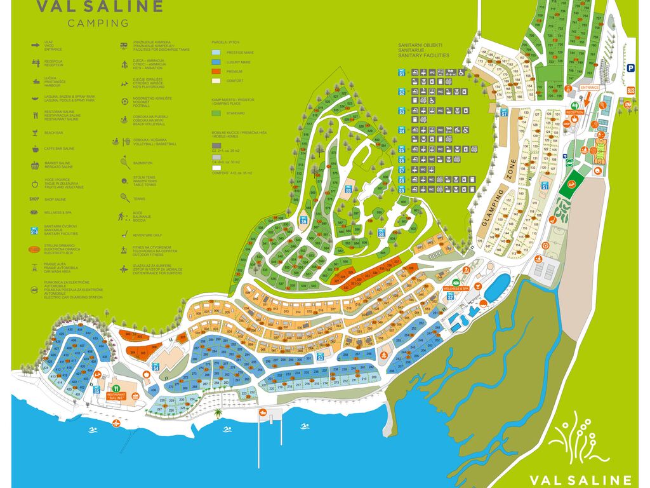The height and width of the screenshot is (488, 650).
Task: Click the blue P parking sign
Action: point(631,69)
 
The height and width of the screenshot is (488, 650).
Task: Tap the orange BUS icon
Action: point(631,90)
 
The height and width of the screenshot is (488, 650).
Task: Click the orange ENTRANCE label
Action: point(590,87)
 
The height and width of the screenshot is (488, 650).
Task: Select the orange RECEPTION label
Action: point(575,112)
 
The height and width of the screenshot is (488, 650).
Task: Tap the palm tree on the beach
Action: point(218,413)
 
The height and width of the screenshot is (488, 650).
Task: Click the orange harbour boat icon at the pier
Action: point(262,412)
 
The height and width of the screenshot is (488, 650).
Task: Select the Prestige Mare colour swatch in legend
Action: point(216,53)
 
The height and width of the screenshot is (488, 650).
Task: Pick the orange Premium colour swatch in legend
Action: point(216,72)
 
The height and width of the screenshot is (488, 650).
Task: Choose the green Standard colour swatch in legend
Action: point(216,113)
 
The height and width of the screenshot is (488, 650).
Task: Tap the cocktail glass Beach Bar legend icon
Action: point(35,133)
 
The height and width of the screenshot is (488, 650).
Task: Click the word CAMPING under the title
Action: point(98,24)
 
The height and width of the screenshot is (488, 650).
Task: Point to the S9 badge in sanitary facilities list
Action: point(401,189)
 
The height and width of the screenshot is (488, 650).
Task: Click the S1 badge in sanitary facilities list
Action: point(401,73)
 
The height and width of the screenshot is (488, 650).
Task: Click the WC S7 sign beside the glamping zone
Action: point(505,112)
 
